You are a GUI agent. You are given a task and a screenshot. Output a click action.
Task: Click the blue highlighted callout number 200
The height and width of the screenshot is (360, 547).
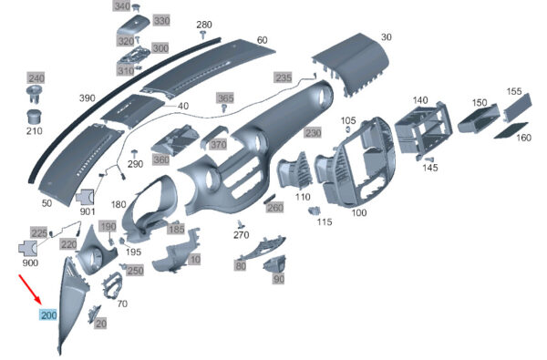click(x=49, y=315)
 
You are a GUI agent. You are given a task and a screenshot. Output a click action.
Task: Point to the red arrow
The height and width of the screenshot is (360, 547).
click(x=30, y=290)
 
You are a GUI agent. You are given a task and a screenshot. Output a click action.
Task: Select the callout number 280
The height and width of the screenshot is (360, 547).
click(x=204, y=25)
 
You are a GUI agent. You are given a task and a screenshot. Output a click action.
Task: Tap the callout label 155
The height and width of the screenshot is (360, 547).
click(x=514, y=91)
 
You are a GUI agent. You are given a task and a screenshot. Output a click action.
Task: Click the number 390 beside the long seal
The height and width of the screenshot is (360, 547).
click(x=88, y=98)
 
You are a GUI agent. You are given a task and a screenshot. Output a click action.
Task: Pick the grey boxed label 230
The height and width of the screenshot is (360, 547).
click(x=313, y=133)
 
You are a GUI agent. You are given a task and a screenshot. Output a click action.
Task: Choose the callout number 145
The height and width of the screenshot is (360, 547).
click(x=429, y=168)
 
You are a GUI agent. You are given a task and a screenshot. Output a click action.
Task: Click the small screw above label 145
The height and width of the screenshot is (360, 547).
click(x=429, y=159)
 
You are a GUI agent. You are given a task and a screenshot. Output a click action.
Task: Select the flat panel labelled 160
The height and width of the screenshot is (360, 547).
click(x=511, y=130)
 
